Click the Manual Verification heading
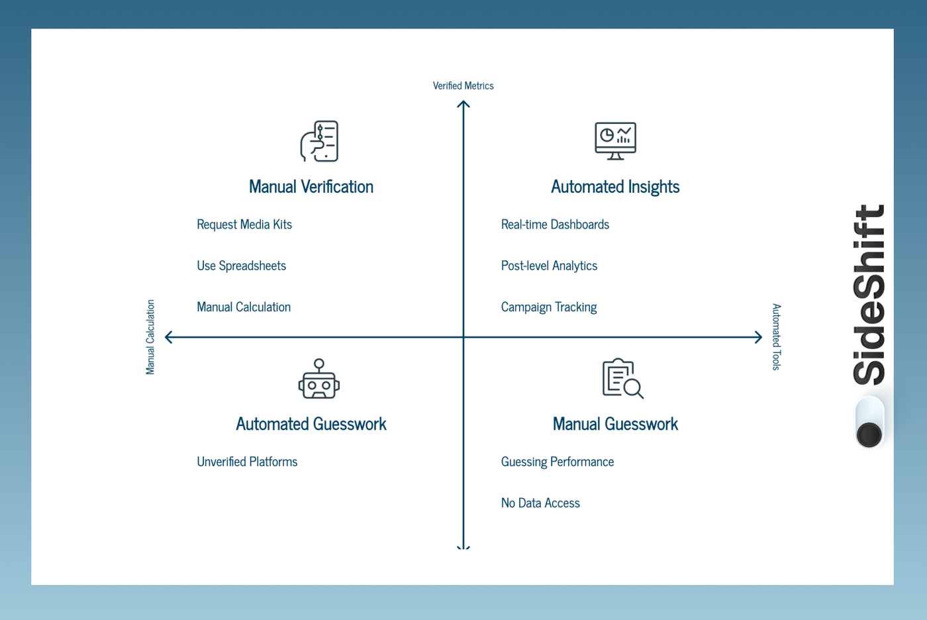click(x=311, y=187)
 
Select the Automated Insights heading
click(x=615, y=187)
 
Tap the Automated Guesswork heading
click(x=311, y=424)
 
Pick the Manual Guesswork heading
click(x=615, y=424)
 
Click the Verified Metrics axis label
click(x=463, y=85)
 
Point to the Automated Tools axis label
click(x=776, y=336)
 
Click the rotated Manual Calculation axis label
click(x=150, y=336)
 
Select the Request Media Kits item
click(x=244, y=225)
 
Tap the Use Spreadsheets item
click(x=241, y=266)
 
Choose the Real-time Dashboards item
click(x=555, y=225)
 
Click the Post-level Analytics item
click(x=549, y=266)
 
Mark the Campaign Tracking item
click(x=548, y=307)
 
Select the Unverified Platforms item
click(x=247, y=462)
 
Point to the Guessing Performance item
click(x=557, y=462)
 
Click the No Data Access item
click(x=540, y=503)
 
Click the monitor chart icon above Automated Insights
click(x=615, y=140)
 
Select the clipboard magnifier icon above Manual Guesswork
click(x=622, y=379)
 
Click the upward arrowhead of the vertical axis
click(x=463, y=104)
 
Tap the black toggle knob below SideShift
click(x=869, y=435)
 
